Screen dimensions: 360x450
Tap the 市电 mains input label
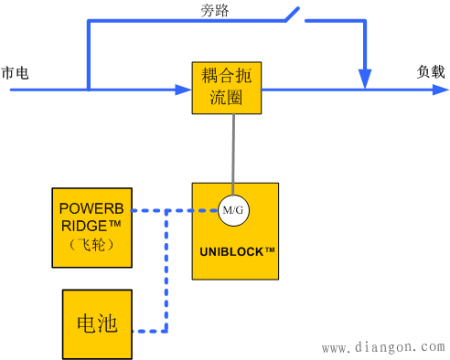(15, 72)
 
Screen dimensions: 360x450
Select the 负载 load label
(431, 71)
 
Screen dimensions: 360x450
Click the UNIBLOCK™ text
(234, 249)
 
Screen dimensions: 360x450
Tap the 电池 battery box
(96, 324)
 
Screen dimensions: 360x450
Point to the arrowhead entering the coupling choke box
(183, 90)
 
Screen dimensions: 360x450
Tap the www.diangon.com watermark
(384, 347)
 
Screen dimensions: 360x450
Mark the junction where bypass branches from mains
(88, 90)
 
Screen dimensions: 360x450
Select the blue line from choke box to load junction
(311, 90)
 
